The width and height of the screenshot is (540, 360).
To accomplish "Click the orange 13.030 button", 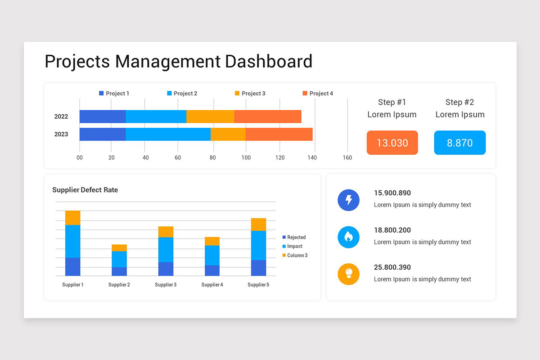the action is click(392, 143).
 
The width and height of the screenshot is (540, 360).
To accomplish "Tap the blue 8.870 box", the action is click(460, 143).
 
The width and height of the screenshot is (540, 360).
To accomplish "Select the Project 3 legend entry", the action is click(250, 93).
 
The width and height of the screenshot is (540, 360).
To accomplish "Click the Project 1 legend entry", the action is click(114, 93).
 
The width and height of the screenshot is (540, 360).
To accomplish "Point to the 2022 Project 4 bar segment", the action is click(268, 117).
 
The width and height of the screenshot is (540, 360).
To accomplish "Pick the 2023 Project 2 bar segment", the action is click(168, 134).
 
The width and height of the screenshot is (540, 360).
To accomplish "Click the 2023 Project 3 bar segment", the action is click(228, 134).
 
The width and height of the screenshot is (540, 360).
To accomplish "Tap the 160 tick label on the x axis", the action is click(347, 157).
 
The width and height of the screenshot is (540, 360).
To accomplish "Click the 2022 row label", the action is click(61, 117).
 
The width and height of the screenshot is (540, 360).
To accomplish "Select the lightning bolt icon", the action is click(349, 200).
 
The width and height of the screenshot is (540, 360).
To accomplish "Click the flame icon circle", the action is click(349, 237).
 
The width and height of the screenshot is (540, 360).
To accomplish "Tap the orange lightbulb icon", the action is click(349, 274).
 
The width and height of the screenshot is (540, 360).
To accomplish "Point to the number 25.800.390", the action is click(392, 267).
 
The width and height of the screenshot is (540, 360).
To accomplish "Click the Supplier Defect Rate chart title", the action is click(85, 190).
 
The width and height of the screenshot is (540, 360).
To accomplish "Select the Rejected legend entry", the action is click(294, 237).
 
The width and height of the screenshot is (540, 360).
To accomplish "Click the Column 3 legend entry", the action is click(295, 255).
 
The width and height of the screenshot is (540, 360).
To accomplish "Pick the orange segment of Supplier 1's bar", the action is click(73, 218).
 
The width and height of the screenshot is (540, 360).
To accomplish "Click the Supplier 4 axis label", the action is click(212, 285).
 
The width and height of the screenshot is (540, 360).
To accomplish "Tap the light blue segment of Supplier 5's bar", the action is click(259, 245).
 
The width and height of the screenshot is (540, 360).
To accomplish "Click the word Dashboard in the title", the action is click(269, 61).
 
